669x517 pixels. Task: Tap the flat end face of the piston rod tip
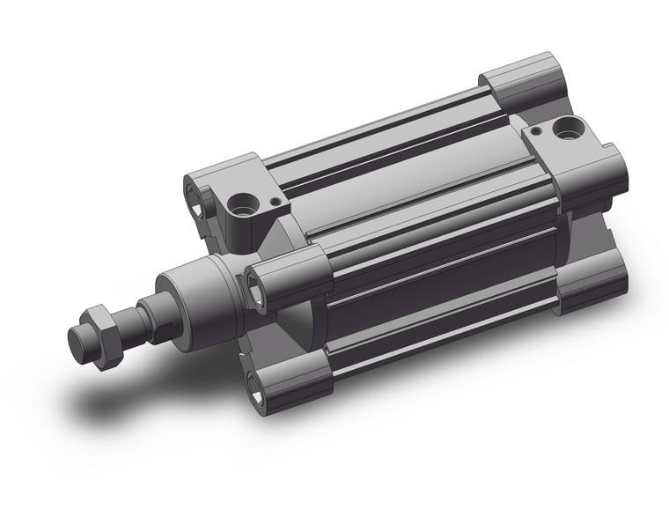coord(77,340)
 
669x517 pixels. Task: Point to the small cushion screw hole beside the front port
coord(276,201)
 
